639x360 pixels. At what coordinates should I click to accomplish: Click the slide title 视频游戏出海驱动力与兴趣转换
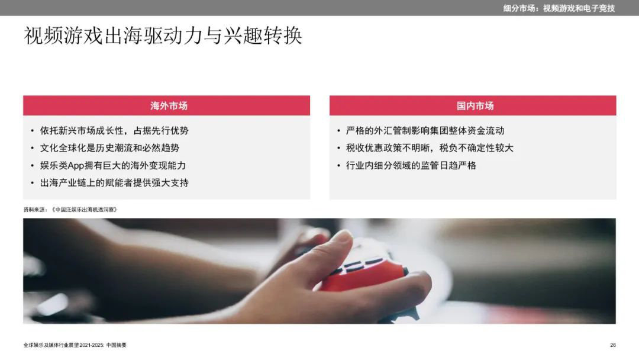[x=163, y=36]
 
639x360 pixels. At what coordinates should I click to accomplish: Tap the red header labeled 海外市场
[x=166, y=105]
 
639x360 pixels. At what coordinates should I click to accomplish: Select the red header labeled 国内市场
[x=473, y=105]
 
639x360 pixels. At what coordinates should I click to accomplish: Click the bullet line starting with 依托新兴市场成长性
[x=114, y=130]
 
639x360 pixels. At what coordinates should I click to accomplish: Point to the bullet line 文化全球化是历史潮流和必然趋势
[x=109, y=148]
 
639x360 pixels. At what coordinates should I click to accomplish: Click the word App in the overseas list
[x=76, y=166]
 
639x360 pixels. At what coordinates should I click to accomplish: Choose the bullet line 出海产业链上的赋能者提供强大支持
[x=114, y=182]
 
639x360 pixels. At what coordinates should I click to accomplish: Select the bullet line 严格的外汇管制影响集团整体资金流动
[x=425, y=130]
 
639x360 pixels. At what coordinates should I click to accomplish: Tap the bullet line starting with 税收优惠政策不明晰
[x=430, y=148]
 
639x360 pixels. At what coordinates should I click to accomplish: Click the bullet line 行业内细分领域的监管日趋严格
[x=411, y=166]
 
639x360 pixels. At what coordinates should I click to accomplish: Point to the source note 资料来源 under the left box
[x=70, y=210]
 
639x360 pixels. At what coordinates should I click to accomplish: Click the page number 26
[x=613, y=345]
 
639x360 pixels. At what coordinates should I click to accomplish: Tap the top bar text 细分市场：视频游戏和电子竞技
[x=559, y=8]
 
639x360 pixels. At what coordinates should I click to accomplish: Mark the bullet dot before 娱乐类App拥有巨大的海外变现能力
[x=32, y=166]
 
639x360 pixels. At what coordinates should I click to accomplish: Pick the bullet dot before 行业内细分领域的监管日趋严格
[x=338, y=166]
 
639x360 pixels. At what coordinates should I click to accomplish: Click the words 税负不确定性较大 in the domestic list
[x=476, y=148]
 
